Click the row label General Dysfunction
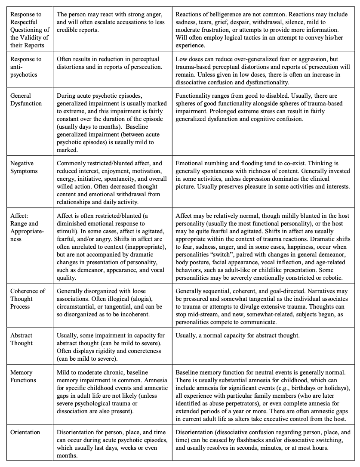tap(26, 99)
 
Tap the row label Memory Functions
tap(23, 376)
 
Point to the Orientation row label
tap(25, 432)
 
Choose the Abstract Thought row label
tap(22, 339)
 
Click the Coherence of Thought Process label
tap(28, 299)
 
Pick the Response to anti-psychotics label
tap(26, 67)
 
